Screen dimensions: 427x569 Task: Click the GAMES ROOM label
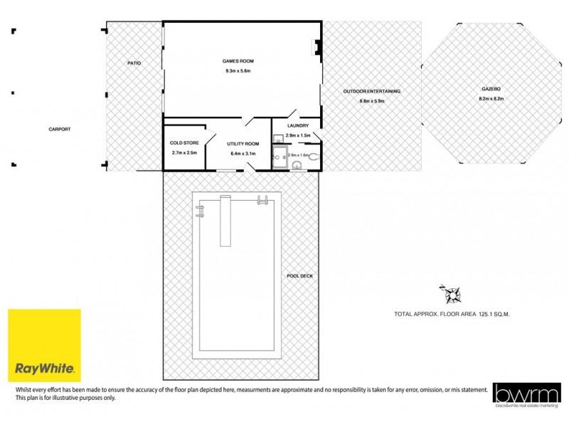pos(238,61)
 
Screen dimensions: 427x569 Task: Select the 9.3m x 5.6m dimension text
pos(238,71)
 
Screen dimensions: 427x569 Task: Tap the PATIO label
pos(134,63)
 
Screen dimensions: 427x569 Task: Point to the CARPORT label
pos(60,130)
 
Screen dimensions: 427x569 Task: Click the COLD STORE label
pos(184,142)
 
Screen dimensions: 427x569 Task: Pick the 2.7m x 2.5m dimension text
pos(184,153)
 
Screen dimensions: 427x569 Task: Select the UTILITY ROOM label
pos(243,144)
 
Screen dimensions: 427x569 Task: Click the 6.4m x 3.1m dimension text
pos(243,154)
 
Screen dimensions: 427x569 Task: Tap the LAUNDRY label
pos(297,126)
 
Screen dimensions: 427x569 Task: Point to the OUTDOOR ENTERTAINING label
pos(371,91)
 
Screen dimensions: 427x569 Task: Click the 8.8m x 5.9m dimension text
pos(371,101)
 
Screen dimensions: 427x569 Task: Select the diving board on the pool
pos(225,221)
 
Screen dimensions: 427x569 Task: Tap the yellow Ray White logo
pos(44,346)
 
